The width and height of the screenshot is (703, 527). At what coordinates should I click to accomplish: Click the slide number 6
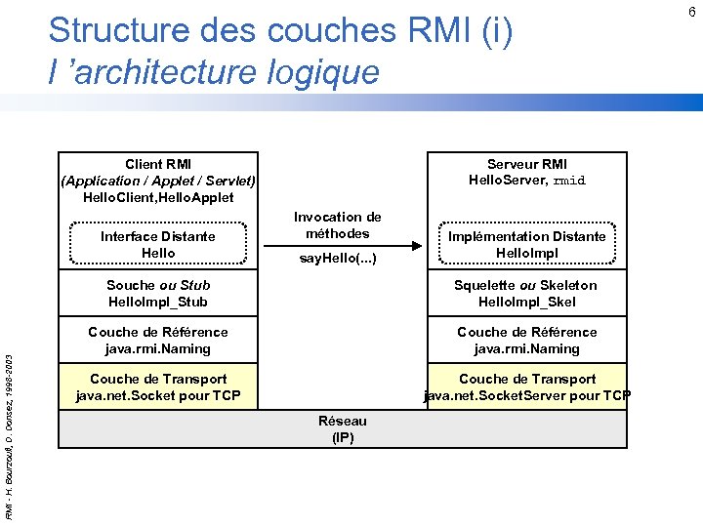click(691, 12)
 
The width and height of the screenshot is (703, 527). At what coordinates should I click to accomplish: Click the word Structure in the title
click(114, 31)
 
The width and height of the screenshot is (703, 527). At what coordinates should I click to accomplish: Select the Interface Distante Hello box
click(158, 244)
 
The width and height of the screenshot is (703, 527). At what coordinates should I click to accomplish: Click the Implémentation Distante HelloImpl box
click(526, 244)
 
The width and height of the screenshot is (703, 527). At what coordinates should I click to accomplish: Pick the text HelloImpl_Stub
click(158, 302)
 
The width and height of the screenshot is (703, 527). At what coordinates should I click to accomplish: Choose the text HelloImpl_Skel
click(526, 302)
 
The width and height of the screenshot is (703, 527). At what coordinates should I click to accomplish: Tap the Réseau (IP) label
click(343, 428)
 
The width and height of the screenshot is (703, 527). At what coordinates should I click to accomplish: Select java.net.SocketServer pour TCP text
click(526, 395)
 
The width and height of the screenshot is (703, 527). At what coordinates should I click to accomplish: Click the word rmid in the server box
click(569, 181)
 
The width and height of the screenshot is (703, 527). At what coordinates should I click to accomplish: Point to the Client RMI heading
click(158, 164)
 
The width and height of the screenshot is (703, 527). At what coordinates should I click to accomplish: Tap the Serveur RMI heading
click(526, 164)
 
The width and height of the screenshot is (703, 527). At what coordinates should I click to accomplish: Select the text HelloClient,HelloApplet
click(158, 197)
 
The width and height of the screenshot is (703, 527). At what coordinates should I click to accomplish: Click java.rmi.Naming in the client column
click(158, 348)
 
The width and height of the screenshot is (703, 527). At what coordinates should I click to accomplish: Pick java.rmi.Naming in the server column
click(526, 348)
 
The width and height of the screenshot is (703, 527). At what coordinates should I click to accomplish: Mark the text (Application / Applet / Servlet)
click(158, 181)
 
